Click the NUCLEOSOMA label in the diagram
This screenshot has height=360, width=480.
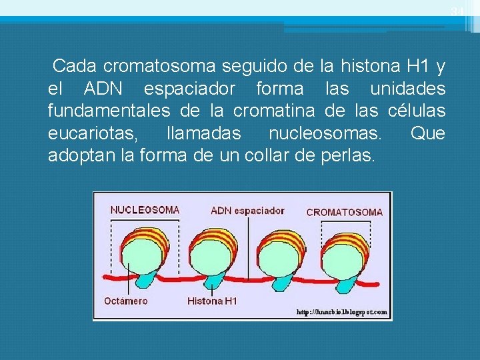pyautogui.click(x=145, y=209)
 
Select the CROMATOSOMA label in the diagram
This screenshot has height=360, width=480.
pyautogui.click(x=344, y=212)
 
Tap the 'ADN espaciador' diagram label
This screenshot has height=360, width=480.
pyautogui.click(x=247, y=211)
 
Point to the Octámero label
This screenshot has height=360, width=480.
pyautogui.click(x=126, y=301)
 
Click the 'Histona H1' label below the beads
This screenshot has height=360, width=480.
pyautogui.click(x=212, y=301)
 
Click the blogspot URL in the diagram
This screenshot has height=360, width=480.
pyautogui.click(x=341, y=312)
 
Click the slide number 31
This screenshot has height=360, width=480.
pyautogui.click(x=457, y=11)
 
